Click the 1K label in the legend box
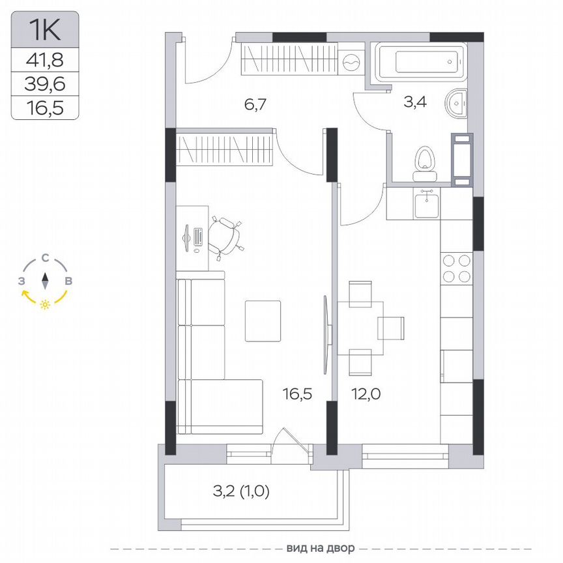click(x=45, y=29)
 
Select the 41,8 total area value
click(x=45, y=61)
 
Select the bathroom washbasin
click(x=457, y=104)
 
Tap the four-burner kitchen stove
click(x=456, y=268)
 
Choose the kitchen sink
click(x=427, y=203)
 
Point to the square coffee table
click(x=263, y=321)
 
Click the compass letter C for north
click(x=45, y=257)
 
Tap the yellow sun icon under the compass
click(x=45, y=304)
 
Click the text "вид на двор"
click(x=316, y=547)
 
